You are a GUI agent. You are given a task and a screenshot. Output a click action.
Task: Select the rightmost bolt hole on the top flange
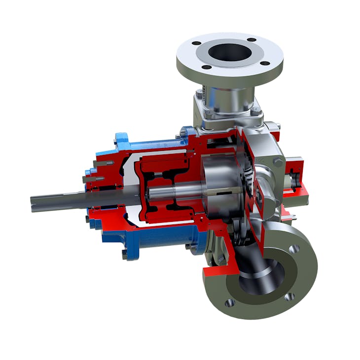click(x=265, y=63)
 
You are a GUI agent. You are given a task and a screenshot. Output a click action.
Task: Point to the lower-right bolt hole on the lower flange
click(x=290, y=296)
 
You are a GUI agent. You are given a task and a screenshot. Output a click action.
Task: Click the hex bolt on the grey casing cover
click(x=278, y=162)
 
